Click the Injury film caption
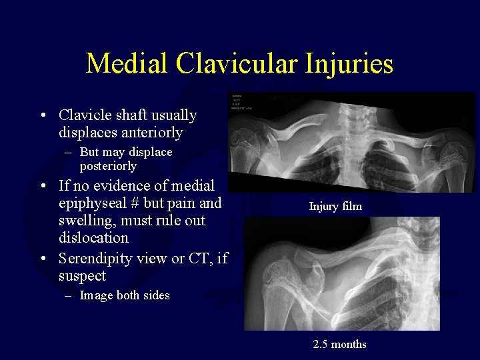[335, 207]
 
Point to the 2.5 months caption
[339, 345]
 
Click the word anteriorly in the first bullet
[151, 133]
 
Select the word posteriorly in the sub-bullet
[108, 166]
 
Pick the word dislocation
[93, 237]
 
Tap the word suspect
[82, 275]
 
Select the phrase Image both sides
[124, 295]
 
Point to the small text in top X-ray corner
[241, 101]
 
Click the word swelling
[85, 220]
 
